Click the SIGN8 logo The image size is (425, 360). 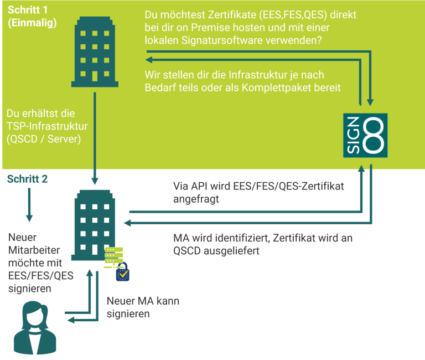[365, 135]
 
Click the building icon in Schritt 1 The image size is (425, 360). [95, 50]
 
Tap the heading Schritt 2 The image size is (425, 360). [27, 179]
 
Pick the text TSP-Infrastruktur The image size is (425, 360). [48, 126]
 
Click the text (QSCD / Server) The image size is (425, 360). [44, 139]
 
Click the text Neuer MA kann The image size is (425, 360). [143, 301]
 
